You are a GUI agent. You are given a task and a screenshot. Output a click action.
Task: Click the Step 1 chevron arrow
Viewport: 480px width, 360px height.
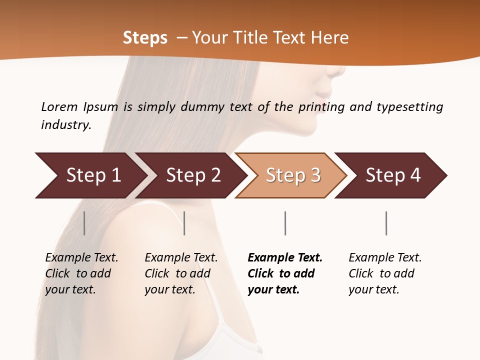tap(90, 175)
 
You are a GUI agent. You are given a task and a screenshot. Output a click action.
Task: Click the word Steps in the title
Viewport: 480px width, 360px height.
tap(145, 38)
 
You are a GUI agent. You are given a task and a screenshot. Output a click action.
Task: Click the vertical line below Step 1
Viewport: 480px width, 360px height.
tap(84, 223)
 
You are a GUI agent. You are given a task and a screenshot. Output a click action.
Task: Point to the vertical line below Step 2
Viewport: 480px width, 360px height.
tap(184, 223)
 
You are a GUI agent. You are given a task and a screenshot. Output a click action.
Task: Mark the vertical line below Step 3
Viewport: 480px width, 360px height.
tap(285, 223)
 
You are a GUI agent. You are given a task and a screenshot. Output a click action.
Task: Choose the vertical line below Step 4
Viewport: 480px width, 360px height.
tap(386, 223)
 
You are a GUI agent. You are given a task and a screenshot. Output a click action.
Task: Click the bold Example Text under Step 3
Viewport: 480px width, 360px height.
tap(285, 258)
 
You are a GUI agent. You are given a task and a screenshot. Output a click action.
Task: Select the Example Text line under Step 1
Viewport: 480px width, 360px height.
tap(81, 258)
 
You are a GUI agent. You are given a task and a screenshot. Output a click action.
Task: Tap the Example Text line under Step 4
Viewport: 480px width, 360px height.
tap(385, 258)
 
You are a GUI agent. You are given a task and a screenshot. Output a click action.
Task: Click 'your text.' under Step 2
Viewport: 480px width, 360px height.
tap(169, 289)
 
